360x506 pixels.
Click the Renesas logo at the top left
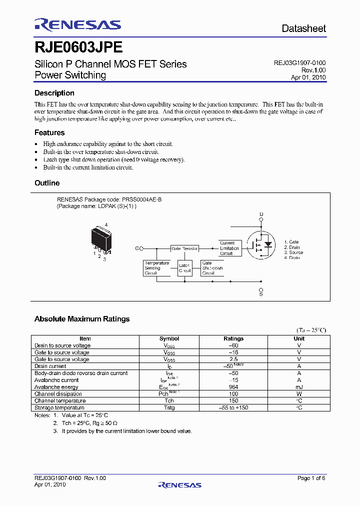point(77,24)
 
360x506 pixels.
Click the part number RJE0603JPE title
point(78,47)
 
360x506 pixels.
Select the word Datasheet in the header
point(303,28)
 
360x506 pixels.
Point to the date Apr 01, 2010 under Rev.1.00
point(308,77)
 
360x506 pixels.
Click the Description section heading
point(54,93)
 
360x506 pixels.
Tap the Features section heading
point(49,132)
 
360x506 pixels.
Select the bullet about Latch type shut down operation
point(114,159)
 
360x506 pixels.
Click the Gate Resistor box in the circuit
point(184,248)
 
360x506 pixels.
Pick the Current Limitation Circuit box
point(229,248)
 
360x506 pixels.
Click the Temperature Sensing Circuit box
point(156,268)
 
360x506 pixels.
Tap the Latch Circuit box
point(184,268)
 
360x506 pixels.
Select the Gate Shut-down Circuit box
point(212,268)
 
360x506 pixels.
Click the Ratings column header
point(233,338)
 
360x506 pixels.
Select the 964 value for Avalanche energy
point(233,387)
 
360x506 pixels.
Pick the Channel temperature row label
point(60,401)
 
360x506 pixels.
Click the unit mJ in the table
point(299,387)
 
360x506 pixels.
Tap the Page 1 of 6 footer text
point(311,478)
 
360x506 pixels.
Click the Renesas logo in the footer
point(179,484)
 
